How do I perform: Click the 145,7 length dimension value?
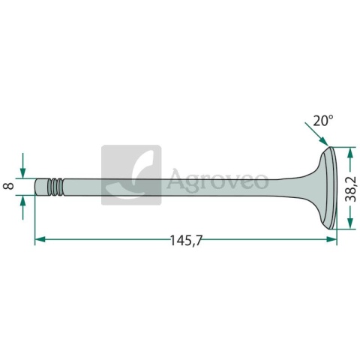(x=186, y=241)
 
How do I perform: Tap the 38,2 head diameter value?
(x=350, y=188)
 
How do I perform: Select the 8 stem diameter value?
(x=9, y=186)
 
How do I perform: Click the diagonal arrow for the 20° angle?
(x=316, y=133)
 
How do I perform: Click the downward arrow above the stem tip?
(x=22, y=166)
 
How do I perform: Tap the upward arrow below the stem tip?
(x=22, y=207)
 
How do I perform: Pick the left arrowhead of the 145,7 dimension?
(x=40, y=239)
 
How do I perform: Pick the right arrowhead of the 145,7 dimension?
(x=331, y=239)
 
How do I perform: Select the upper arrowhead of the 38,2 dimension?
(x=350, y=152)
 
